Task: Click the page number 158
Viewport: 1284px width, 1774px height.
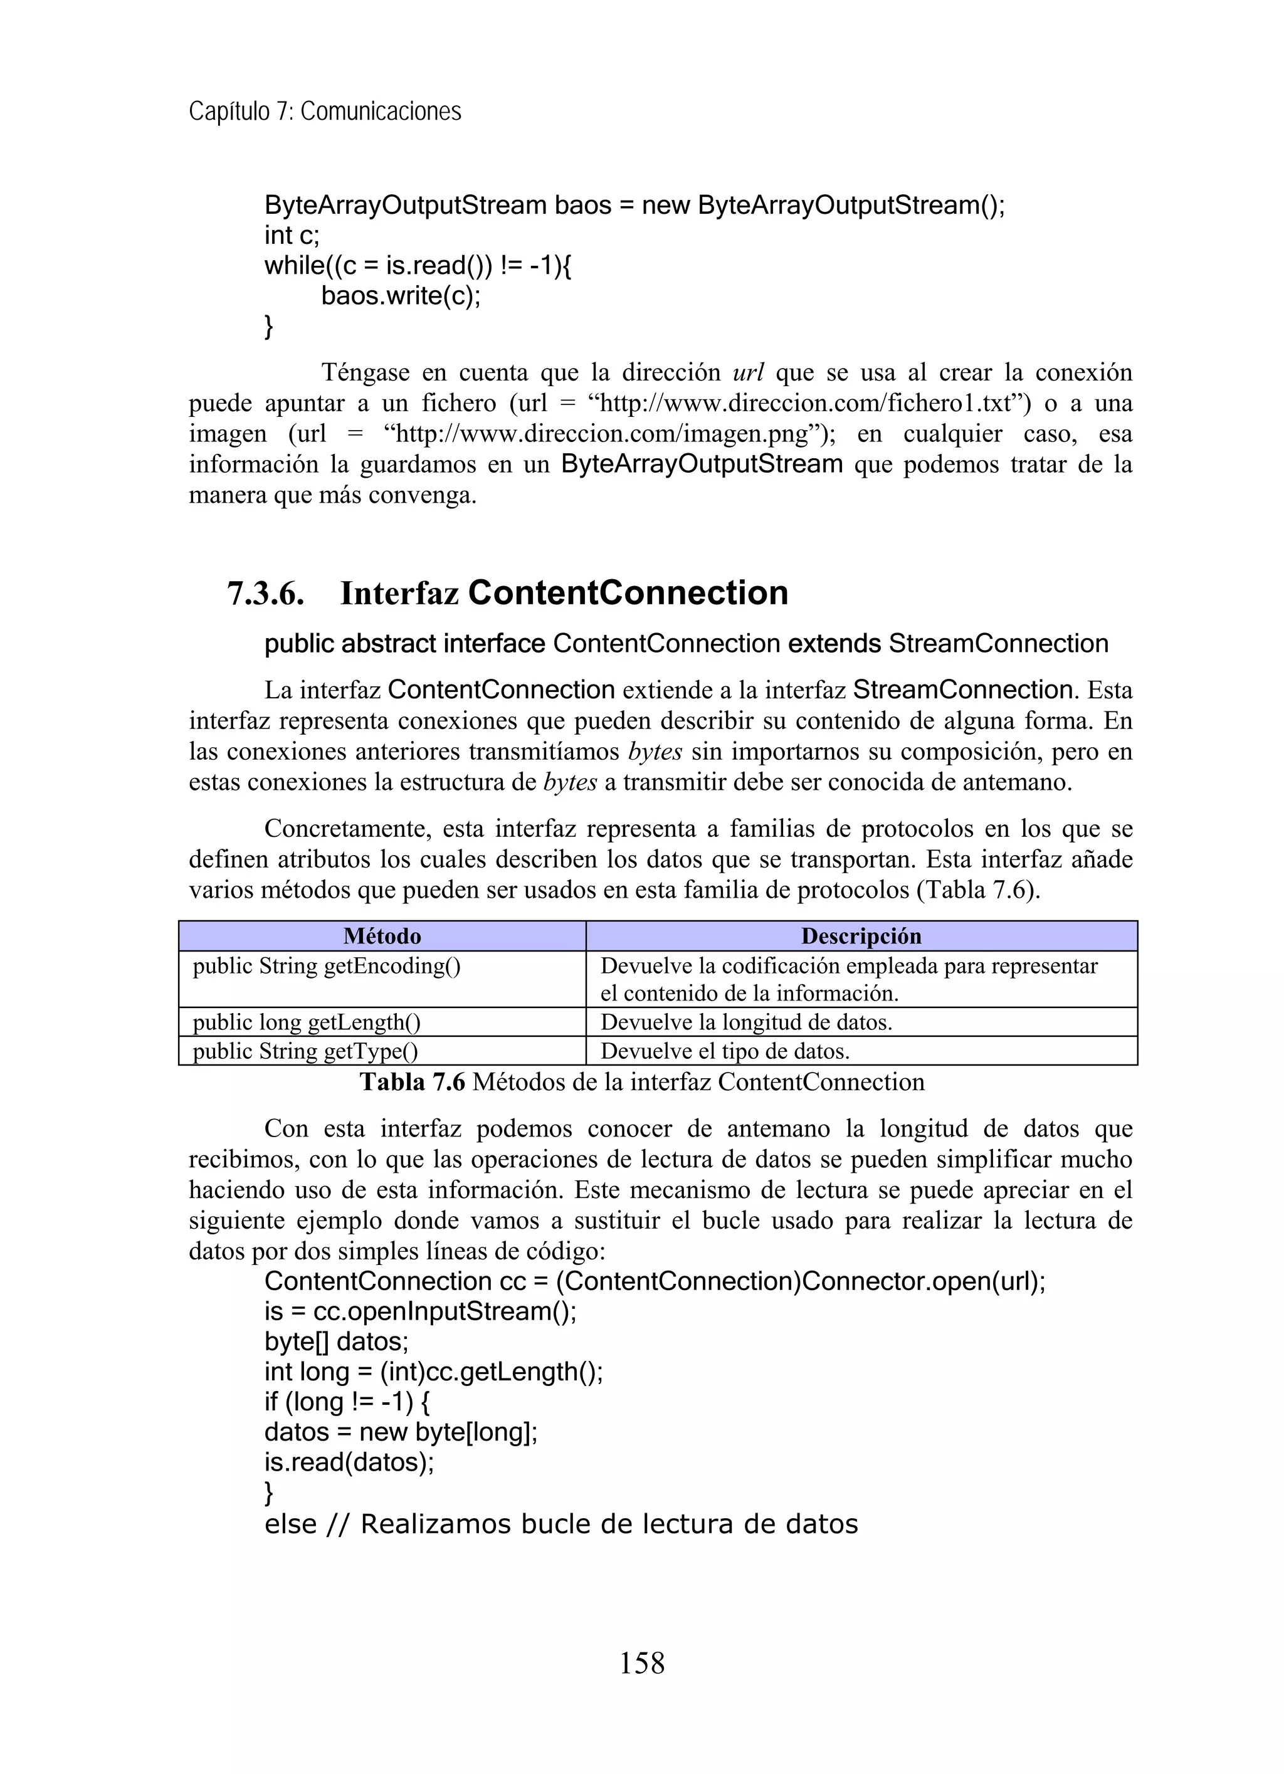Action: click(x=641, y=1662)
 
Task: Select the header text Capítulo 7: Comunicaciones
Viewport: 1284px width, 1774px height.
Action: click(x=325, y=112)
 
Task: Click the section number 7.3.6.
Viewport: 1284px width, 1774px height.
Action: click(x=265, y=594)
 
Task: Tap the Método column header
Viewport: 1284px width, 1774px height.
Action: click(x=382, y=937)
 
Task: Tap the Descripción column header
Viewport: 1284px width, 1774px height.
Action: click(x=861, y=937)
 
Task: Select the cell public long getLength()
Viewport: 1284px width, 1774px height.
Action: click(x=307, y=1022)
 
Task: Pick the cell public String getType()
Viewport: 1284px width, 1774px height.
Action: click(x=305, y=1051)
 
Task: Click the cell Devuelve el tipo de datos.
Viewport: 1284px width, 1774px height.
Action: click(x=725, y=1051)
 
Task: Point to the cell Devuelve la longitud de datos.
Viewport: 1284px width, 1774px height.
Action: click(x=745, y=1022)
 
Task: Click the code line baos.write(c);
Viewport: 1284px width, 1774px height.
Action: click(x=401, y=297)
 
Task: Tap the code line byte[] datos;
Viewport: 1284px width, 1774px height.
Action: click(x=337, y=1342)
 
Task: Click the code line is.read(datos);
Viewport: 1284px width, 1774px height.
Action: click(x=349, y=1462)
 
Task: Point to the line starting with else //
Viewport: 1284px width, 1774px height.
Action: click(x=560, y=1525)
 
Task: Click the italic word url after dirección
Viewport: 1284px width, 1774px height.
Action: click(x=747, y=372)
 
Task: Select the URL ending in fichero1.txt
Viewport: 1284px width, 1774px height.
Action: click(x=808, y=404)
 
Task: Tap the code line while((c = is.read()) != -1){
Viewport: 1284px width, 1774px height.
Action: click(x=418, y=266)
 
